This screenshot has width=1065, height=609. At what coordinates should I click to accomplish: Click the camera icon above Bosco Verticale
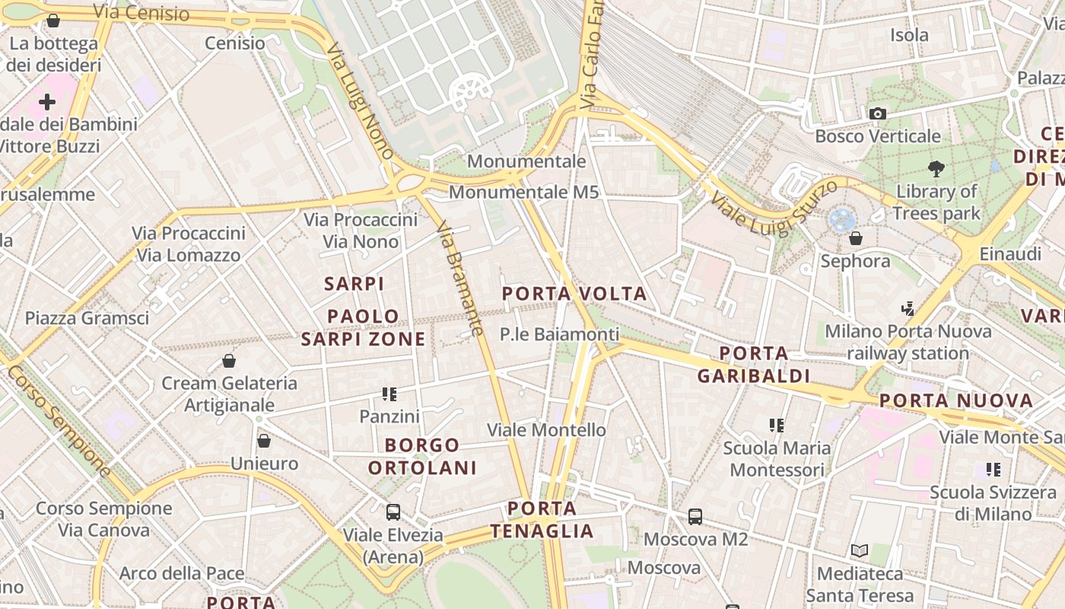coord(878,113)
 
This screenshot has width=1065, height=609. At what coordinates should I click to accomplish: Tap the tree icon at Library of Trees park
coord(936,168)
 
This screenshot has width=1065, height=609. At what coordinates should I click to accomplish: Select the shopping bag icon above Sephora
coord(856,238)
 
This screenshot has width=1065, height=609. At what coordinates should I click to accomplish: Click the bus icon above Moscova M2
coord(695,517)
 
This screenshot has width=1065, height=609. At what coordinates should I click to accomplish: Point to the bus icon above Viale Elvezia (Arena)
coord(393,512)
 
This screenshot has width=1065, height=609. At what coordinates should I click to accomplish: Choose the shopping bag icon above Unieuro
coord(264,441)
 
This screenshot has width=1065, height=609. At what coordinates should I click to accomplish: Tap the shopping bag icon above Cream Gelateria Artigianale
coord(229,360)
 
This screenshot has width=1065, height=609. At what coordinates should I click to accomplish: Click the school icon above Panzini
coord(389,394)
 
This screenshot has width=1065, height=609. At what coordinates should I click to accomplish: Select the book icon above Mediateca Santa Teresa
coord(860,550)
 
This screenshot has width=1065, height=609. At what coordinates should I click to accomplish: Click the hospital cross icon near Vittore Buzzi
coord(47,101)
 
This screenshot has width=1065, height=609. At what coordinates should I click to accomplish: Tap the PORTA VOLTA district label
coord(574,294)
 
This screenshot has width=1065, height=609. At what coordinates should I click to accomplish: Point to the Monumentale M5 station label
coord(524,192)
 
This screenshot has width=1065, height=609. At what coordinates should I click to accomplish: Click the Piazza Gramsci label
coord(87,317)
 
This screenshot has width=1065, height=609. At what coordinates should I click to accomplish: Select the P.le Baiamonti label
coord(559,334)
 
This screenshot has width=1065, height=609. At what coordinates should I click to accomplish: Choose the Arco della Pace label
coord(182,573)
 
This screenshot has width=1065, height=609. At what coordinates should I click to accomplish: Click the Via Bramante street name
coord(460,279)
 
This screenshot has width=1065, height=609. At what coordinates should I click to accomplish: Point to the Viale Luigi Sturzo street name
coord(774,206)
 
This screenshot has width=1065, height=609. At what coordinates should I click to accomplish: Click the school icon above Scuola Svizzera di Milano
coord(993,470)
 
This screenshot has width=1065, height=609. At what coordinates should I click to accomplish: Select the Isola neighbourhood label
coord(909,35)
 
